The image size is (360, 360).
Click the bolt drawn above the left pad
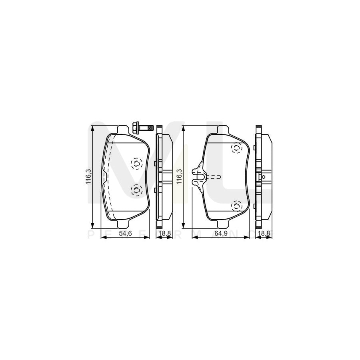pos(142,128)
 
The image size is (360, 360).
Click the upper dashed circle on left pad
pos(136,163)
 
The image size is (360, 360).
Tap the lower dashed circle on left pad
pos(136,190)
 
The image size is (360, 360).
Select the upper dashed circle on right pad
pos(236,149)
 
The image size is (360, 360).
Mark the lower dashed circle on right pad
pos(236,206)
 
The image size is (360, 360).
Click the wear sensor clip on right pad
pos(199,176)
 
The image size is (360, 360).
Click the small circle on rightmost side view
pos(264,177)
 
